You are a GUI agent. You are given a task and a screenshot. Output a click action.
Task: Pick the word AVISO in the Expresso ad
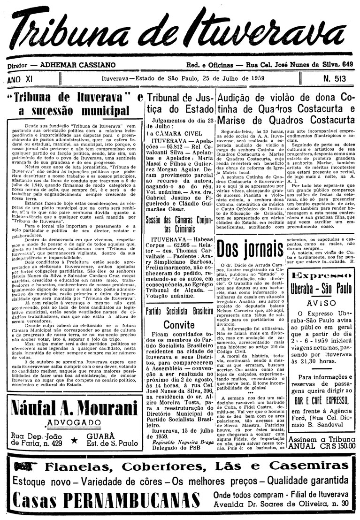click(x=322, y=302)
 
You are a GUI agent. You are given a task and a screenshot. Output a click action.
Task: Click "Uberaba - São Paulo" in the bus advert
click(x=322, y=287)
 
